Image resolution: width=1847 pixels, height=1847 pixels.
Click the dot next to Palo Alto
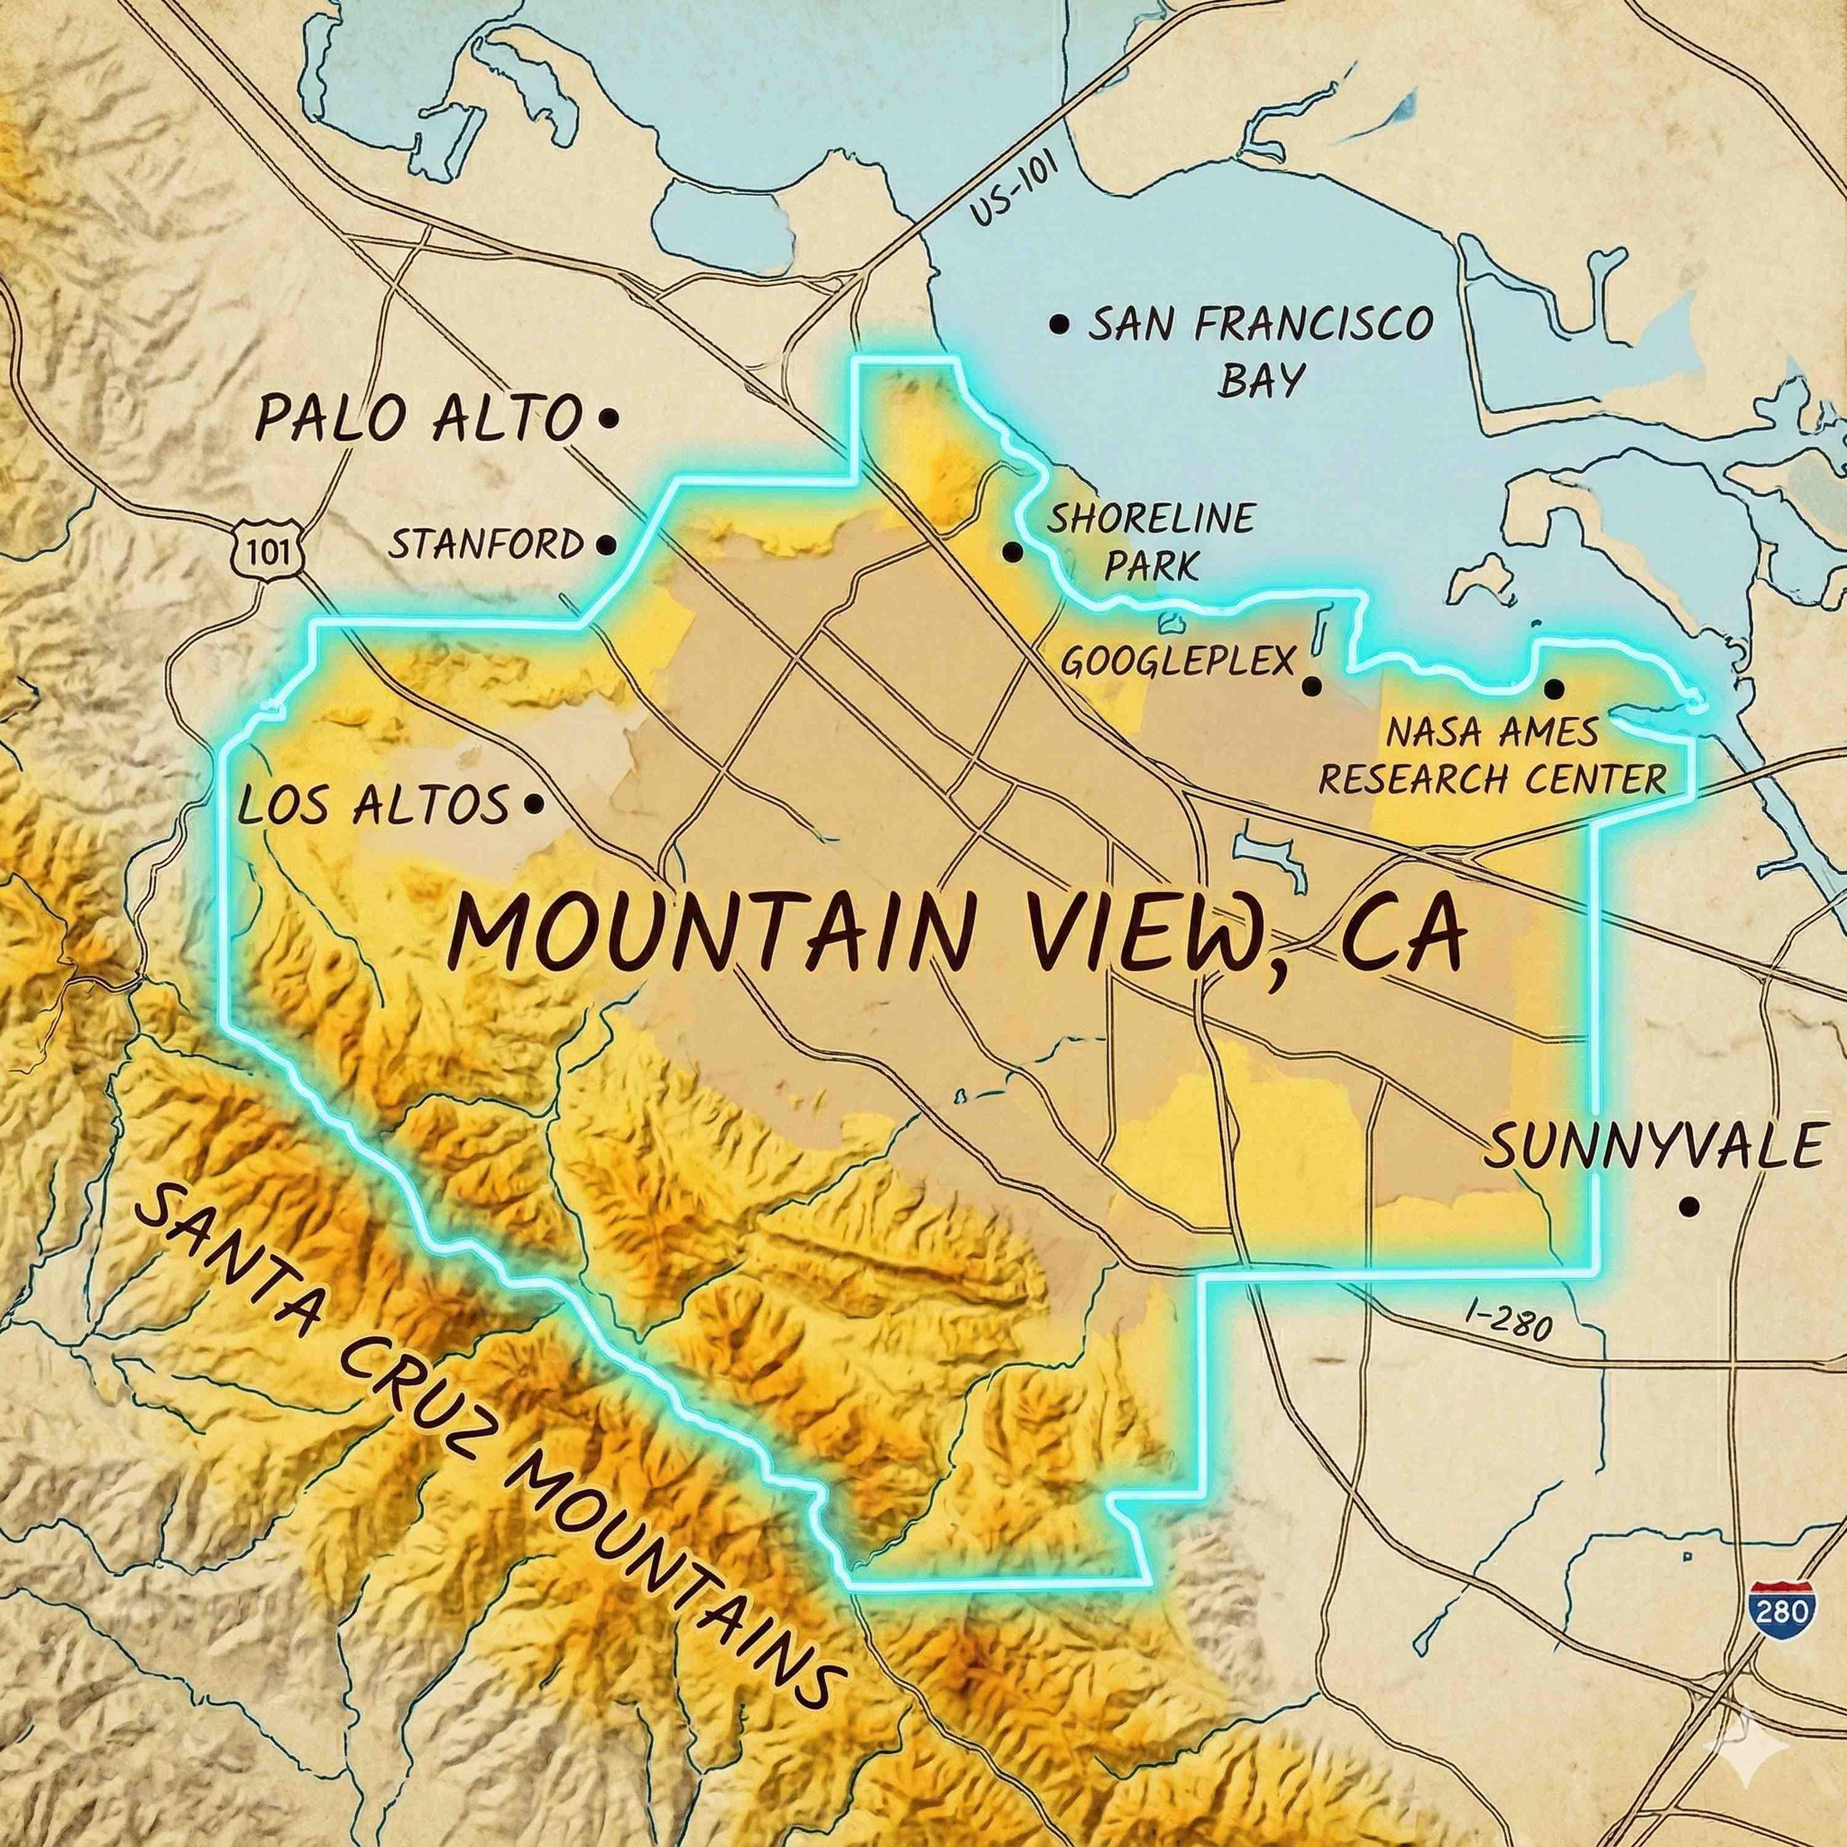point(608,418)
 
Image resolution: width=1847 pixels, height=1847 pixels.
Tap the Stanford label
point(486,546)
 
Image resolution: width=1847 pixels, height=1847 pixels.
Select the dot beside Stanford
point(604,546)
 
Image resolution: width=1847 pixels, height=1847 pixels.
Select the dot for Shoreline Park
point(1012,552)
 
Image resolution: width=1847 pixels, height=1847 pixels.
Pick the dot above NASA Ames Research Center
point(1553,687)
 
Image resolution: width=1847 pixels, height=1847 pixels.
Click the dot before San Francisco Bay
point(1058,324)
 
